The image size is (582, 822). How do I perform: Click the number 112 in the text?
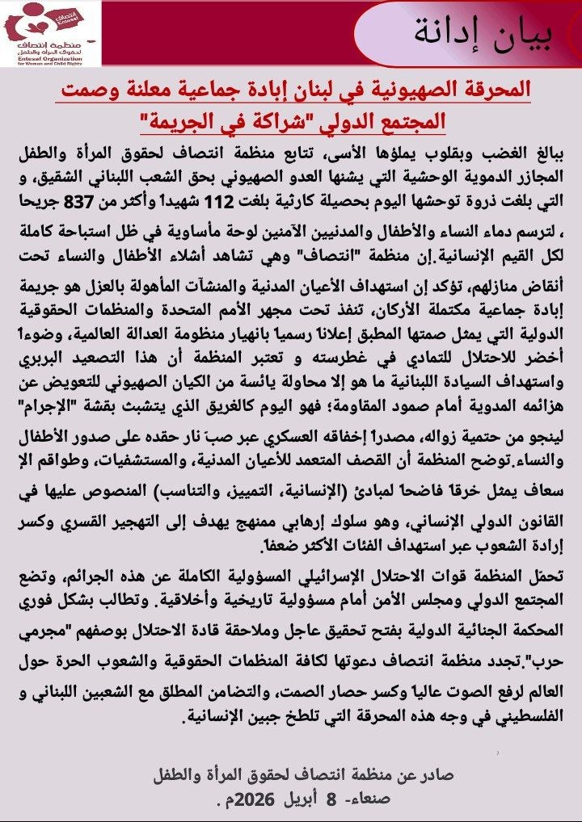point(290,200)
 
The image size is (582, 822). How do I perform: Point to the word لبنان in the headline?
point(323,90)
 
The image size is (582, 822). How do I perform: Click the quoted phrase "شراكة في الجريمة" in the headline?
point(212,121)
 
